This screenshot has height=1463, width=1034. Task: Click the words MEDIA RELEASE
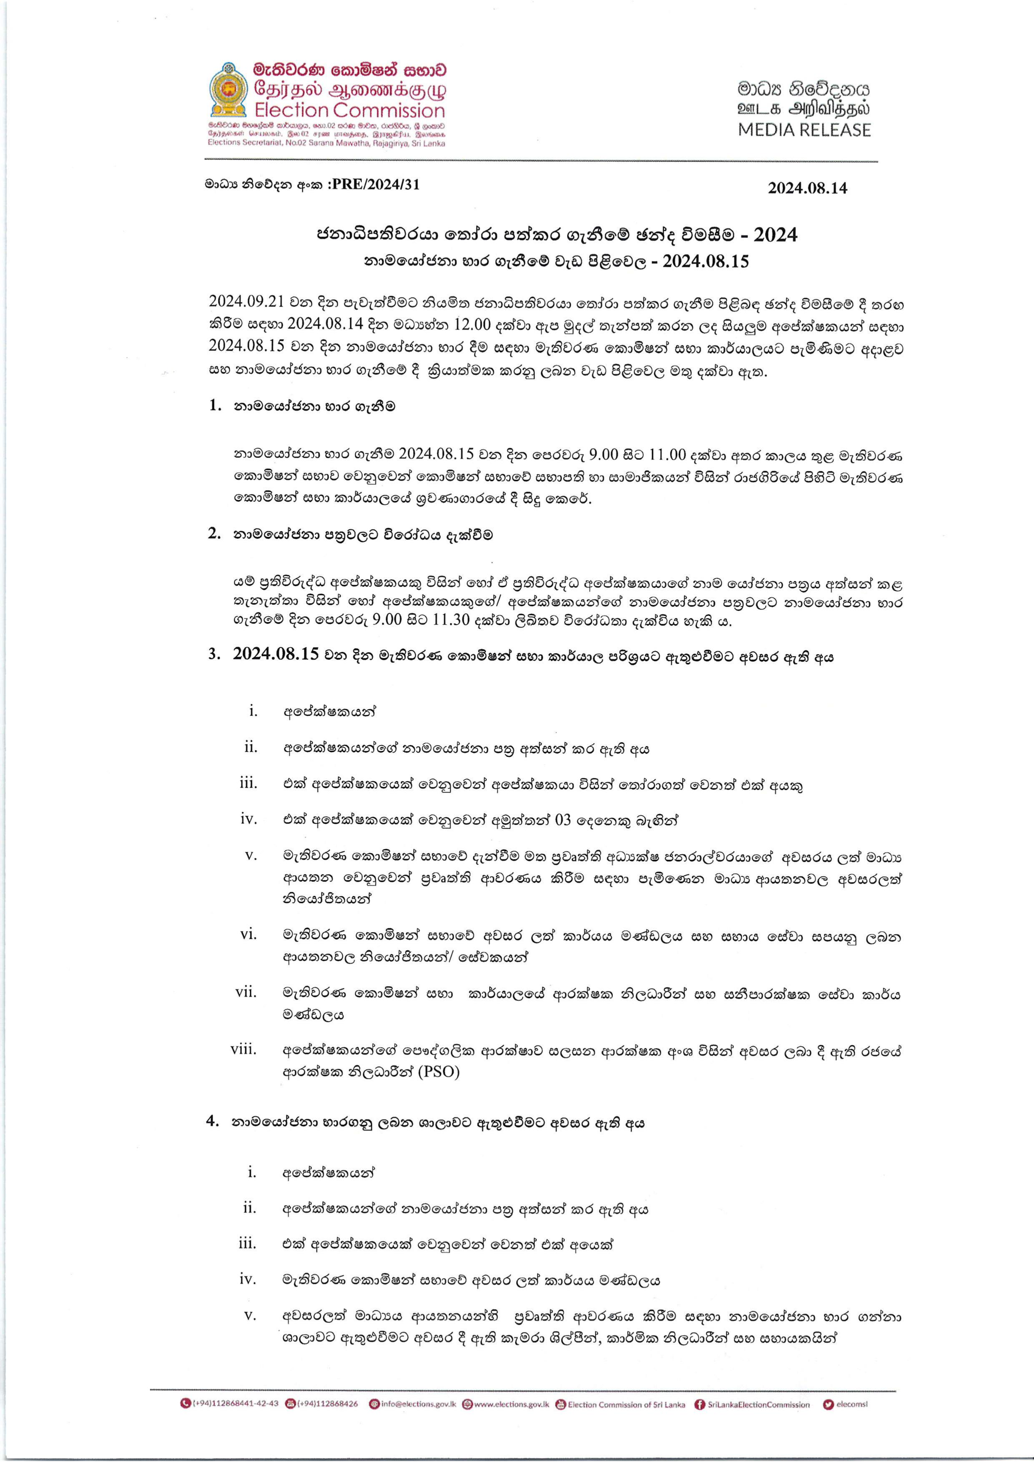click(804, 130)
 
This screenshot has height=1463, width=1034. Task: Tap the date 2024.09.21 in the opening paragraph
click(246, 301)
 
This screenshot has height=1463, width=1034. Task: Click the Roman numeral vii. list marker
click(246, 992)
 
